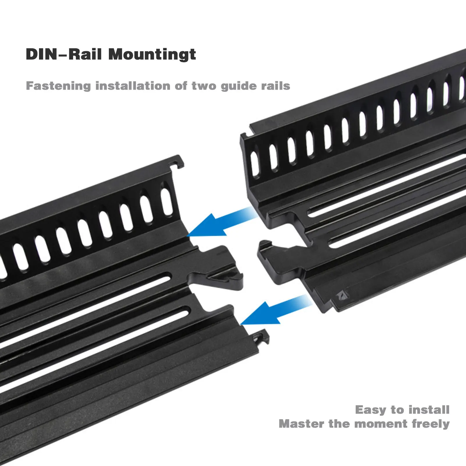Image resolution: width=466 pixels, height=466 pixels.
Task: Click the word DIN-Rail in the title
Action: [x=64, y=54]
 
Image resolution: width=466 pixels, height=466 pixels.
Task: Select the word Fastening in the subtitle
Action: [x=58, y=86]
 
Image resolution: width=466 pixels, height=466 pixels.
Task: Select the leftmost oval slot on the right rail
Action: [x=255, y=164]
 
